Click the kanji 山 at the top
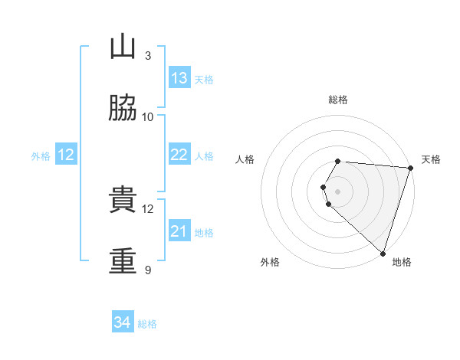[123, 46]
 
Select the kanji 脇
[123, 108]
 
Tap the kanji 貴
[123, 199]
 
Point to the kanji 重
[123, 260]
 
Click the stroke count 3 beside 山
[148, 55]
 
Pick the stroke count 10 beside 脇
[147, 117]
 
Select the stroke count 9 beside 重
[148, 270]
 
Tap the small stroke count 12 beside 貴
[147, 209]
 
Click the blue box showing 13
[179, 77]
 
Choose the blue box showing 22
[179, 154]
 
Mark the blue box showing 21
[179, 230]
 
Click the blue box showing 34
[123, 321]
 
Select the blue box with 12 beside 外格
[66, 154]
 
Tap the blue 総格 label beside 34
[147, 324]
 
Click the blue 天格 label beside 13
[204, 80]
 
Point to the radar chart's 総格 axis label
[338, 100]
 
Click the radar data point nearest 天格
[411, 168]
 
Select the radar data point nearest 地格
[383, 254]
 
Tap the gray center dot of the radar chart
[337, 191]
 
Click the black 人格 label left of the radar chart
[245, 159]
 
